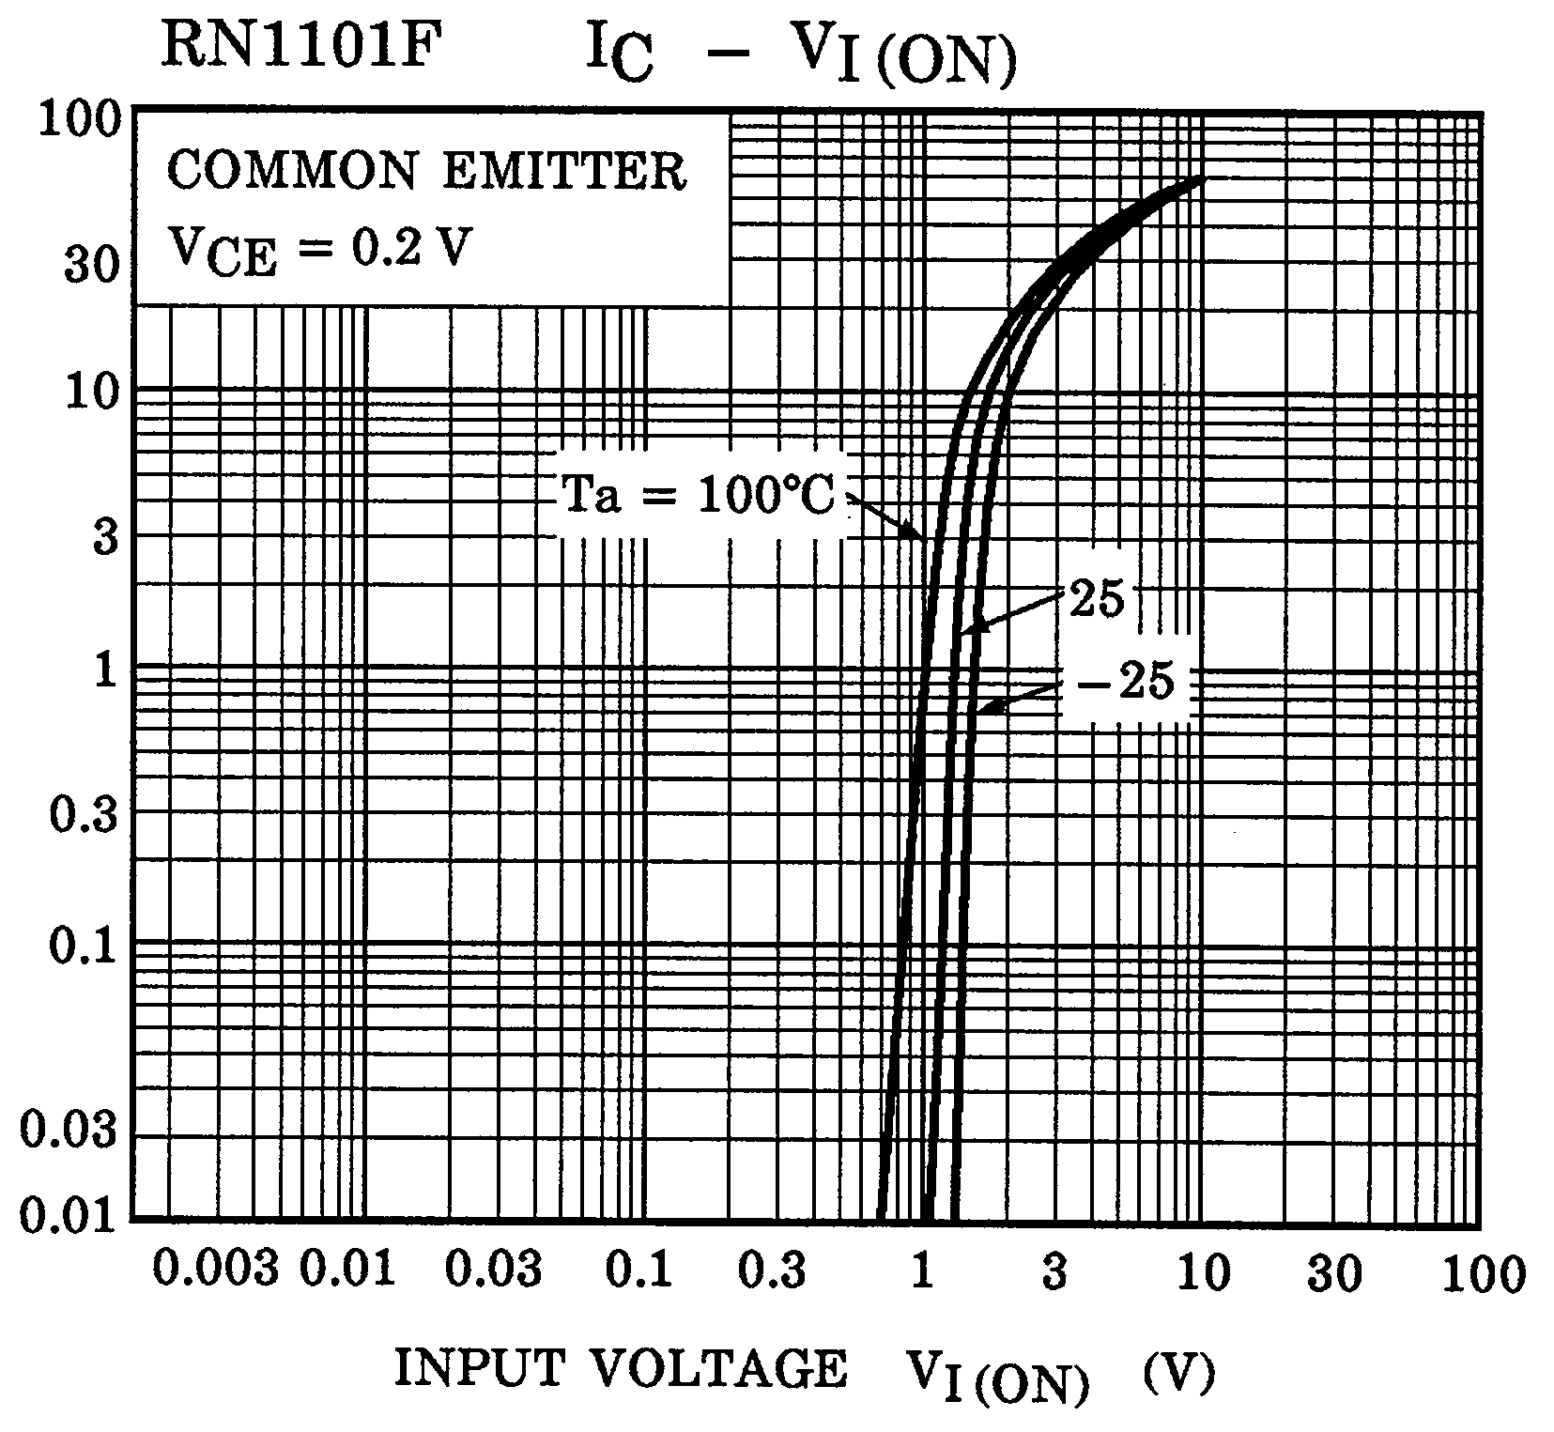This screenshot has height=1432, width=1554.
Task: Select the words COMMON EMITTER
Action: point(427,173)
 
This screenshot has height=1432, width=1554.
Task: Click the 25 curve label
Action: point(1097,598)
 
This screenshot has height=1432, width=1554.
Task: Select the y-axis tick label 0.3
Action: point(85,814)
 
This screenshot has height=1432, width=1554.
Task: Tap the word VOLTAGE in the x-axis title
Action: point(718,1370)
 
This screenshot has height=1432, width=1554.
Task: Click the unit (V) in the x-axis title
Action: point(1180,1373)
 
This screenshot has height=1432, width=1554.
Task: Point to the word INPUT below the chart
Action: point(479,1370)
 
